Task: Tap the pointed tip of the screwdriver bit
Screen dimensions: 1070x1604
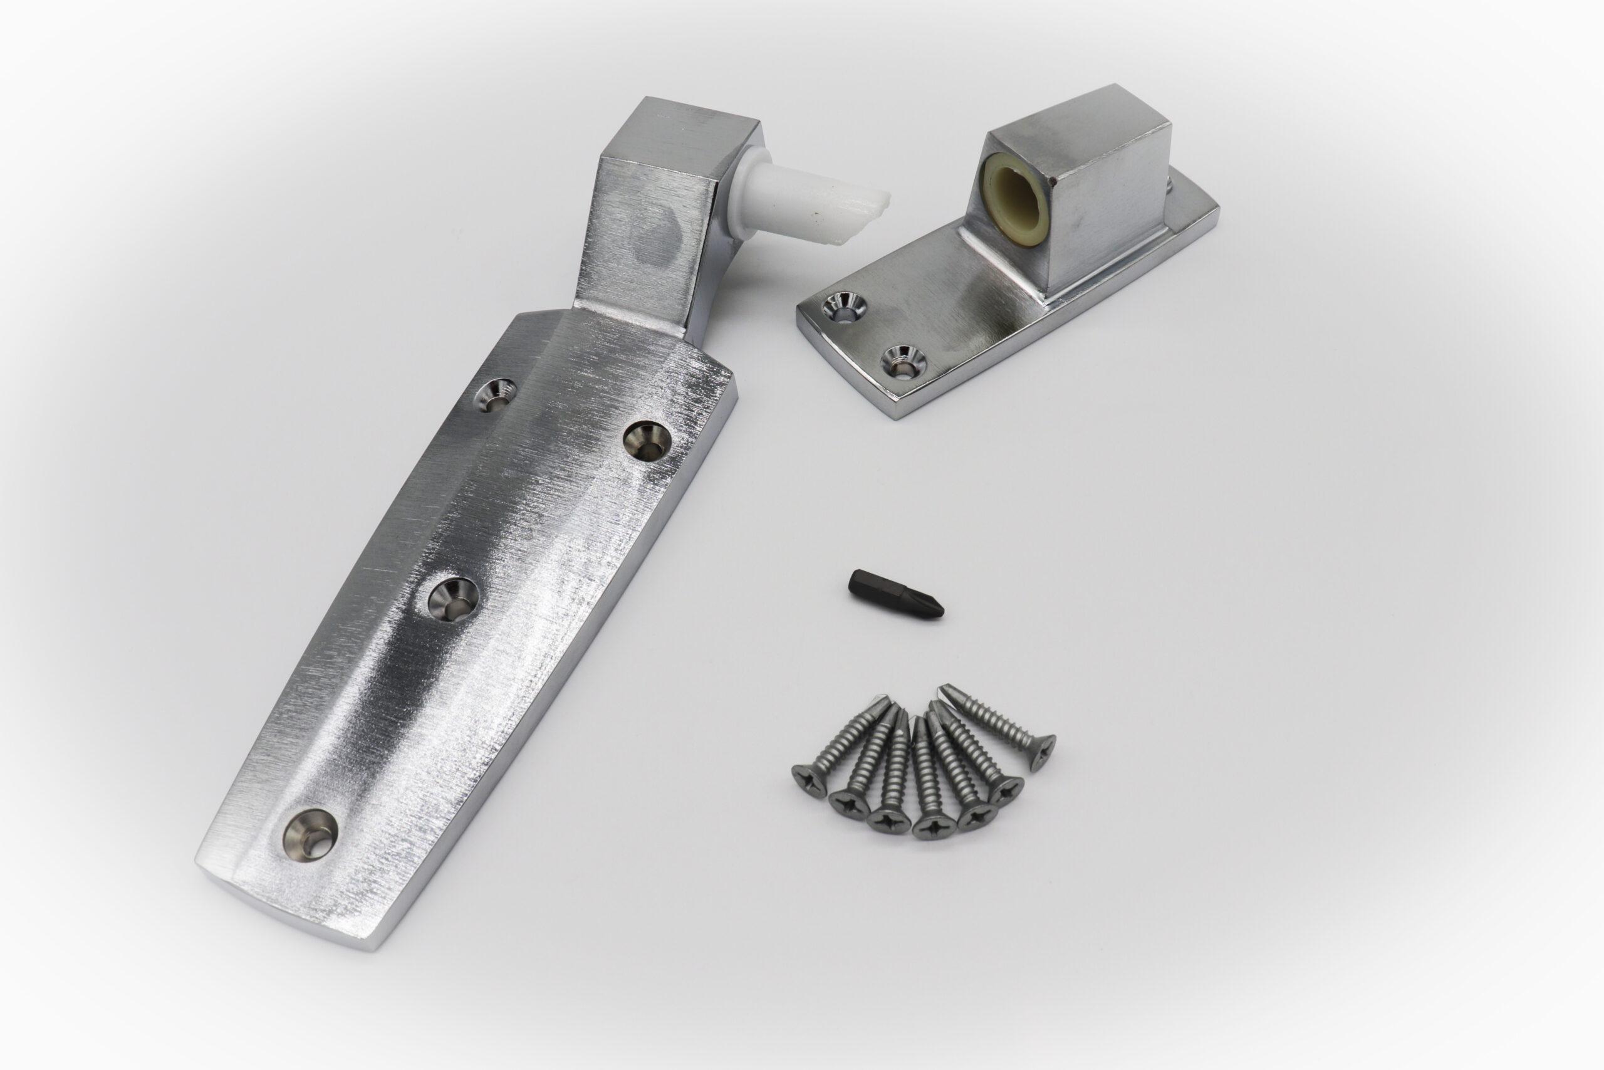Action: (x=941, y=609)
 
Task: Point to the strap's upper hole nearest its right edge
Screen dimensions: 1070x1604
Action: (x=647, y=440)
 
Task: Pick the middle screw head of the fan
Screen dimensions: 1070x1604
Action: (x=930, y=826)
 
